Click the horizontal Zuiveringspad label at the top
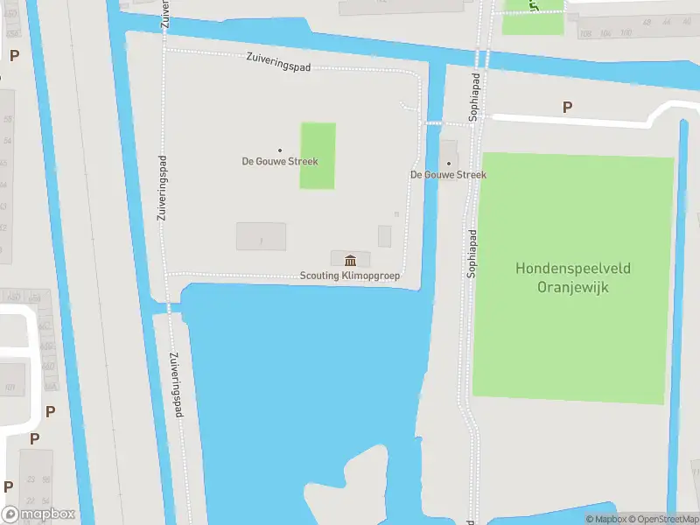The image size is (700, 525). pyautogui.click(x=278, y=62)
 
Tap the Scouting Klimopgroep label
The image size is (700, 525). pyautogui.click(x=350, y=276)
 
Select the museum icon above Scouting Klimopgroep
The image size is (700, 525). pyautogui.click(x=351, y=260)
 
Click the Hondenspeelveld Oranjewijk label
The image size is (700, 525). pyautogui.click(x=574, y=277)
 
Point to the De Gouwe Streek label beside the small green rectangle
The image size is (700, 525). pyautogui.click(x=280, y=161)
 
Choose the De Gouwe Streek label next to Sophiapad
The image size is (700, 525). pyautogui.click(x=448, y=175)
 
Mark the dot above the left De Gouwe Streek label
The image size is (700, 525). pyautogui.click(x=280, y=150)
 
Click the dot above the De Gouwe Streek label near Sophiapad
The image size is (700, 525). pyautogui.click(x=449, y=164)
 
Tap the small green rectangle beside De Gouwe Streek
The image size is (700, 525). pyautogui.click(x=318, y=156)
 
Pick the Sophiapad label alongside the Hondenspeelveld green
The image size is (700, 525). pyautogui.click(x=472, y=254)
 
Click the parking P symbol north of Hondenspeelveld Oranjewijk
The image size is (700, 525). pyautogui.click(x=567, y=108)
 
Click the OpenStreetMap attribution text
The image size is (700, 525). pyautogui.click(x=664, y=519)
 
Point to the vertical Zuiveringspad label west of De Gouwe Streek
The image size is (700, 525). pyautogui.click(x=162, y=187)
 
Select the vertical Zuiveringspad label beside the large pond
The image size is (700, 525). pyautogui.click(x=176, y=383)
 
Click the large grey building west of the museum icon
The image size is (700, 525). pyautogui.click(x=261, y=236)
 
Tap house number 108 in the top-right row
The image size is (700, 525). pyautogui.click(x=584, y=33)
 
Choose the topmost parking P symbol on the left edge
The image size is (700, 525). pyautogui.click(x=14, y=55)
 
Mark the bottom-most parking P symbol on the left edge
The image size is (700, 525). pyautogui.click(x=8, y=486)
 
